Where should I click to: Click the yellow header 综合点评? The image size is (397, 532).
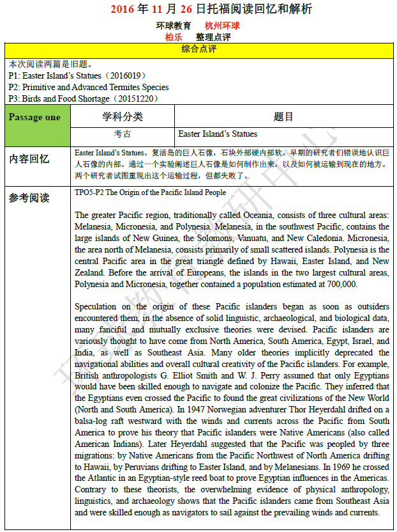pos(198,49)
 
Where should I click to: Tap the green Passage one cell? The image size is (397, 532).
pos(35,118)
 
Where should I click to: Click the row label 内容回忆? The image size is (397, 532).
pos(29,159)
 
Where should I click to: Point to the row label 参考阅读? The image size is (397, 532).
pos(29,198)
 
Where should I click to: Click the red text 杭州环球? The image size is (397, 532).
pos(222,26)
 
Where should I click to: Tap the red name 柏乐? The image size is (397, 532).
pos(174,37)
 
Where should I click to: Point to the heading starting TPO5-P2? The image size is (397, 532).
pos(150,192)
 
